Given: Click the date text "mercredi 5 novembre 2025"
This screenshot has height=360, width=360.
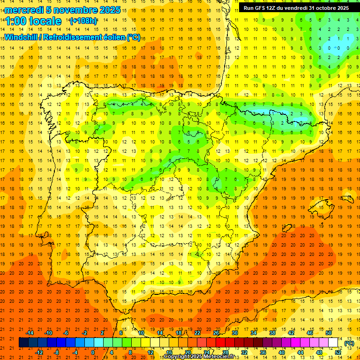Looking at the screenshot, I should [63, 10].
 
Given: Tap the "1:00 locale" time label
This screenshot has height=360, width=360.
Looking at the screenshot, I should [34, 21].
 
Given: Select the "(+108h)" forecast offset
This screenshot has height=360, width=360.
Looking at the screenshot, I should [83, 21].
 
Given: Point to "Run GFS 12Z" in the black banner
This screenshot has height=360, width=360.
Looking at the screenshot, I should [259, 8].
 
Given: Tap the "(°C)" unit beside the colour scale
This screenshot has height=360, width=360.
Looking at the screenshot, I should [349, 343].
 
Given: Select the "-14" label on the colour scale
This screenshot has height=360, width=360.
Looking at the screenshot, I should [30, 333].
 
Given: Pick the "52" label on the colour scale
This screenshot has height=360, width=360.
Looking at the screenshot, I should [338, 352].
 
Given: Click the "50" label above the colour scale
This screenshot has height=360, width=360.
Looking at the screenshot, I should [329, 333].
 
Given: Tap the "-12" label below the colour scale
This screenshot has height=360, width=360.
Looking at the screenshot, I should [39, 352].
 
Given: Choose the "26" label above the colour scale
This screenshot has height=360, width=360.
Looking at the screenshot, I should [216, 333].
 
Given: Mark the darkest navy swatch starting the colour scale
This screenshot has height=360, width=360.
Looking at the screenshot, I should [23, 343].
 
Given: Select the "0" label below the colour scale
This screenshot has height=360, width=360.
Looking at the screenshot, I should [93, 352].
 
